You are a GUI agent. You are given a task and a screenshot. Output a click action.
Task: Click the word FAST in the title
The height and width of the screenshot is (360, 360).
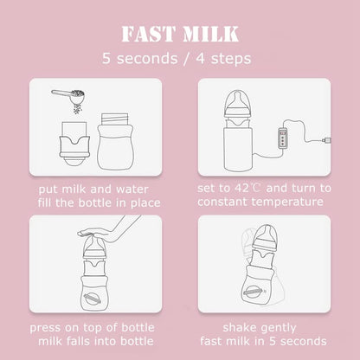pyautogui.click(x=148, y=34)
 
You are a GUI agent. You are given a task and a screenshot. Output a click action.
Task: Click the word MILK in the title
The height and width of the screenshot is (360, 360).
pyautogui.click(x=211, y=34)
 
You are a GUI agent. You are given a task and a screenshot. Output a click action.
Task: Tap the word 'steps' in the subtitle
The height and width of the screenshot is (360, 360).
pyautogui.click(x=231, y=59)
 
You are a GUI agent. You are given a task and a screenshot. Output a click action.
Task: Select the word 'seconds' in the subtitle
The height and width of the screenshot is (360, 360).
pyautogui.click(x=147, y=59)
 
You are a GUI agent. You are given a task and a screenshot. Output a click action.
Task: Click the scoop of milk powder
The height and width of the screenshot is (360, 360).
pyautogui.click(x=69, y=97)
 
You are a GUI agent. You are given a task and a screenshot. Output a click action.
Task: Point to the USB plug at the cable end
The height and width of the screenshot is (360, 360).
pyautogui.click(x=327, y=140)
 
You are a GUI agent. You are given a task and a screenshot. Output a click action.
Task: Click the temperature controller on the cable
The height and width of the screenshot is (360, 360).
pyautogui.click(x=283, y=138)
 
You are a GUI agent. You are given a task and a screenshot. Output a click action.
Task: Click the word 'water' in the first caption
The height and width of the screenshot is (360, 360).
pyautogui.click(x=132, y=190)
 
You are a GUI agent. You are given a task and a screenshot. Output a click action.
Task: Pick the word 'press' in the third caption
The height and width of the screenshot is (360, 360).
pyautogui.click(x=45, y=329)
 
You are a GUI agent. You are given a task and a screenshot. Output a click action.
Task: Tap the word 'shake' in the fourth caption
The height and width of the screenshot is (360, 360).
pyautogui.click(x=240, y=327)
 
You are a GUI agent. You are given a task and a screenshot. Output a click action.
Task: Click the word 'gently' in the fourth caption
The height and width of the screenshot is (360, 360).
pyautogui.click(x=279, y=328)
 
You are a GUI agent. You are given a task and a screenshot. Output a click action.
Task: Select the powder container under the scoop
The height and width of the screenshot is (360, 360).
pyautogui.click(x=74, y=144)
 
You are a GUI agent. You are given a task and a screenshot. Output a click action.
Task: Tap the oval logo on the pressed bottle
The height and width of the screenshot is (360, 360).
pyautogui.click(x=92, y=299)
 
